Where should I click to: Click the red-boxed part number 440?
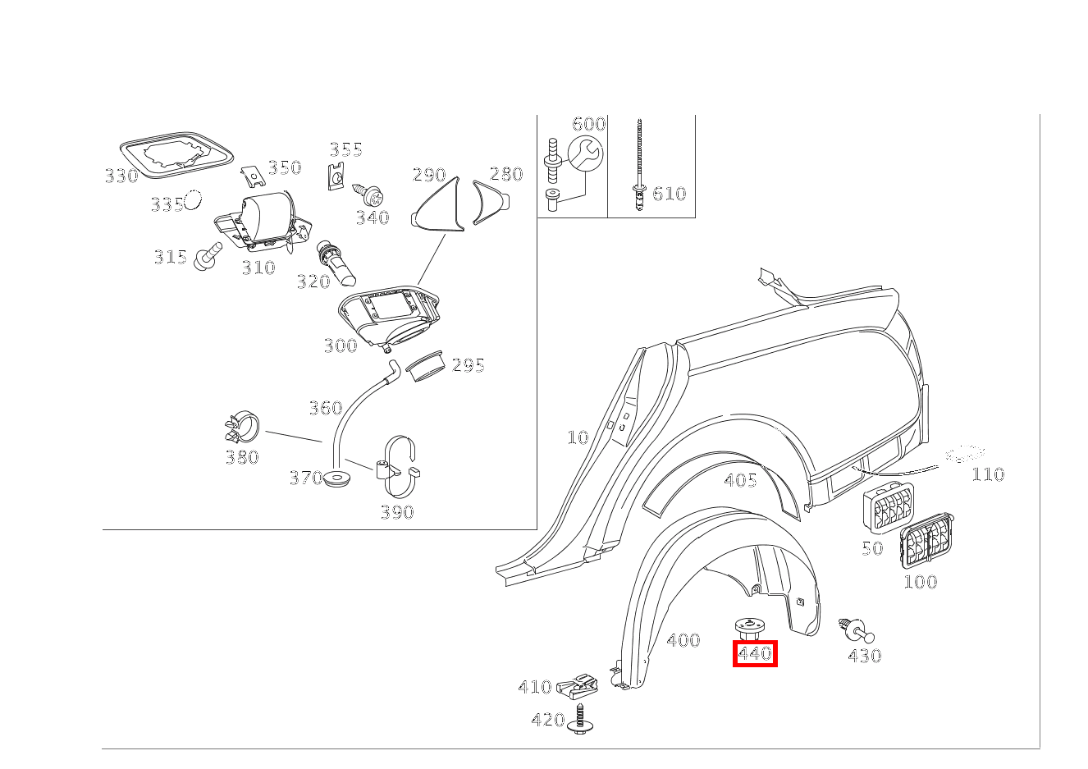pos(754,654)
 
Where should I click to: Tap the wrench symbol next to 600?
pos(585,153)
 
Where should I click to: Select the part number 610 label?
pos(669,194)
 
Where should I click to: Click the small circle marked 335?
pos(193,199)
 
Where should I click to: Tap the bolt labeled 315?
pos(207,256)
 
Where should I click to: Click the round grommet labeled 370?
pos(335,478)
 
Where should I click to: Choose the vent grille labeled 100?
pos(927,540)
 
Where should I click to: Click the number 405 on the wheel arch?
pos(740,480)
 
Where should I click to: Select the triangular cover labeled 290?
pos(440,206)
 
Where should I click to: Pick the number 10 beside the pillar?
pos(578,437)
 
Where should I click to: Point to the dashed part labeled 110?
pos(965,454)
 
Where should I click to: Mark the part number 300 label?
pos(340,346)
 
